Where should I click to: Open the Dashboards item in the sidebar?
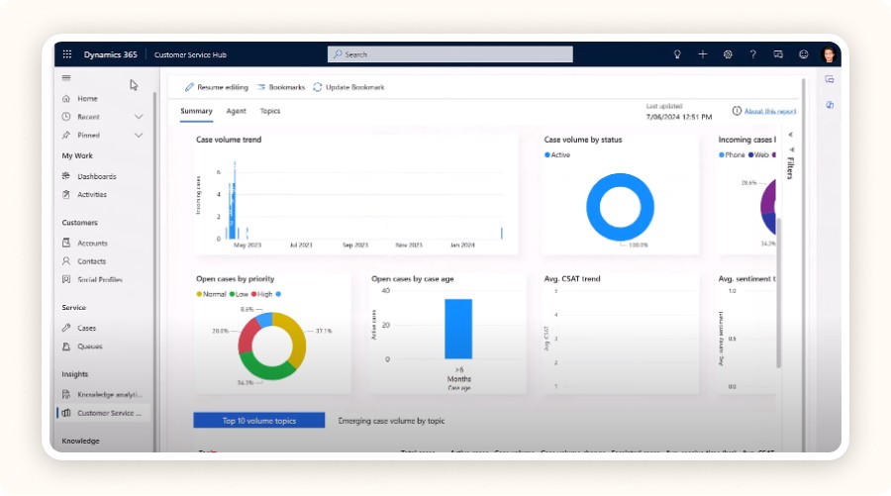[96, 176]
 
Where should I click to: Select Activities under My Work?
[92, 194]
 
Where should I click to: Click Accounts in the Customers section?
[92, 243]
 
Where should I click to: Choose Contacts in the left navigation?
[91, 261]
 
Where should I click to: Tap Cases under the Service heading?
[87, 328]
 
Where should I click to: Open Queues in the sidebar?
[89, 347]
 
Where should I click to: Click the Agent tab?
[236, 112]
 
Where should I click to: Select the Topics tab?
[270, 112]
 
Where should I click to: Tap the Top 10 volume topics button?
[258, 421]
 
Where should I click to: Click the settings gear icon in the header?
[728, 54]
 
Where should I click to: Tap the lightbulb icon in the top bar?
[677, 54]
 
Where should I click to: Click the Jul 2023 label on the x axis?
[300, 244]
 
